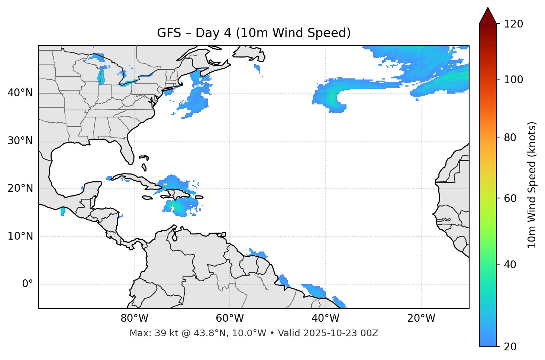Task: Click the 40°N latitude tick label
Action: [x=20, y=93]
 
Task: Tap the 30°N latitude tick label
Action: [x=20, y=141]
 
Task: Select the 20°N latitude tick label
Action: [x=20, y=188]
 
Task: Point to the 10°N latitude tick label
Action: [x=20, y=236]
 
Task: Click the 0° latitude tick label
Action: [x=28, y=284]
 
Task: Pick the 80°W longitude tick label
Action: [x=134, y=318]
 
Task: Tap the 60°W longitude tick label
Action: [x=230, y=318]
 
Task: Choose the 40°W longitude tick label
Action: [x=325, y=318]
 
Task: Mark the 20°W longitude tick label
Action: [x=421, y=318]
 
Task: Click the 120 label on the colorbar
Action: [x=513, y=24]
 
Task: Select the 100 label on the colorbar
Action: [x=513, y=80]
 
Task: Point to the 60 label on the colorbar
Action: [x=510, y=198]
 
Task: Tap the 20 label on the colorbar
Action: [x=510, y=347]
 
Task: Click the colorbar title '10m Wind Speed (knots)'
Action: [x=532, y=185]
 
